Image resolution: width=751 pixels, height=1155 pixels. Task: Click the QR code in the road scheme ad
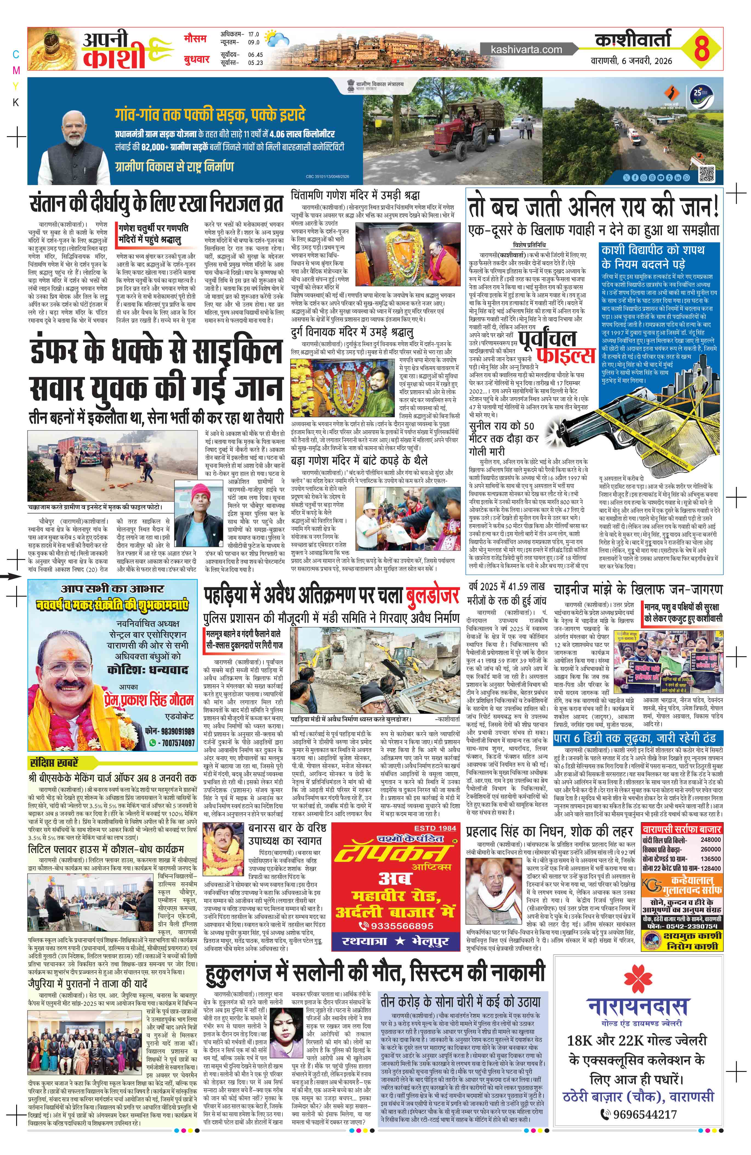707,173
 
